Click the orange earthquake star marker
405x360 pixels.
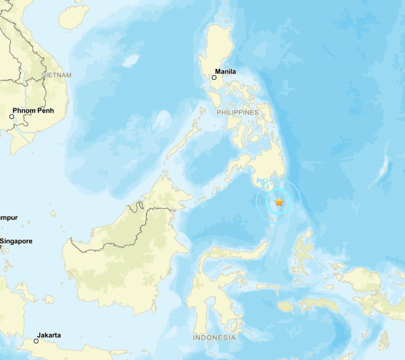tap(279, 202)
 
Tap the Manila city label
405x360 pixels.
tap(225, 72)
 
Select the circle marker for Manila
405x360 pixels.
tap(214, 77)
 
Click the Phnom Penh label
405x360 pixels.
tap(33, 110)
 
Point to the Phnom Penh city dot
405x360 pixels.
tap(12, 116)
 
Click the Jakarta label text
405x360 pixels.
tap(49, 335)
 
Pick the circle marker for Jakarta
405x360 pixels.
tap(36, 341)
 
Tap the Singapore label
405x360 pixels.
tap(17, 241)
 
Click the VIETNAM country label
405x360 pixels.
tap(57, 75)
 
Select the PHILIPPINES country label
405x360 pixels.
tap(237, 113)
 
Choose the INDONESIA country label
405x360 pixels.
tap(214, 337)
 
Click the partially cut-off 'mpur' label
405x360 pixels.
tap(8, 217)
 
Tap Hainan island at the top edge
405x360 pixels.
tap(74, 16)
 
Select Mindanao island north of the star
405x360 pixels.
tap(265, 163)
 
